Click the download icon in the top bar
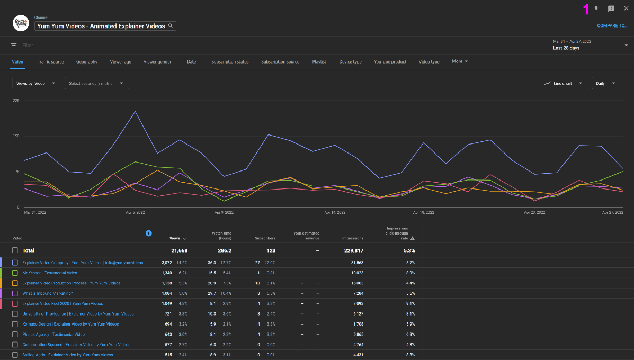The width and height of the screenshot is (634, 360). (x=596, y=8)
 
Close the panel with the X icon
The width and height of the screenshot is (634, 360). (x=626, y=8)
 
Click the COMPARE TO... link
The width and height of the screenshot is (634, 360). (x=612, y=25)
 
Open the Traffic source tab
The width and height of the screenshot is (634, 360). (x=50, y=61)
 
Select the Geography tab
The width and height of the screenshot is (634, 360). (x=87, y=61)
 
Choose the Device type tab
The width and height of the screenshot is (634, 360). (x=350, y=61)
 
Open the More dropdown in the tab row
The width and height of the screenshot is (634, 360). (x=459, y=61)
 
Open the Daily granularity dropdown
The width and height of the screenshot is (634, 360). (x=605, y=83)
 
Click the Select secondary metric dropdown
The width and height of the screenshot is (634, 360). (x=96, y=83)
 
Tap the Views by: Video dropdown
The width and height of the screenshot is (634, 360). (x=37, y=83)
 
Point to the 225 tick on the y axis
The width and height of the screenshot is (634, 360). (x=16, y=100)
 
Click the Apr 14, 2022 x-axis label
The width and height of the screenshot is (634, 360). (x=334, y=212)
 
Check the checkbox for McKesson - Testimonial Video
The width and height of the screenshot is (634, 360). (x=15, y=273)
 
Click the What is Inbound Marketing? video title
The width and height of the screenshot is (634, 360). (x=48, y=293)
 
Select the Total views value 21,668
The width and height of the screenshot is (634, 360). (x=178, y=250)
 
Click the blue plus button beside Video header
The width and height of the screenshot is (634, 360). (x=148, y=233)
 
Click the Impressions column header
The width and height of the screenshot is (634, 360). (x=353, y=238)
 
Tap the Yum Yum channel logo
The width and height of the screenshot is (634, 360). (x=21, y=23)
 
